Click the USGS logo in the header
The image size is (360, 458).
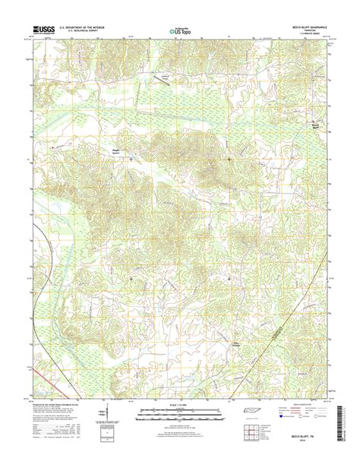point(44,30)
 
